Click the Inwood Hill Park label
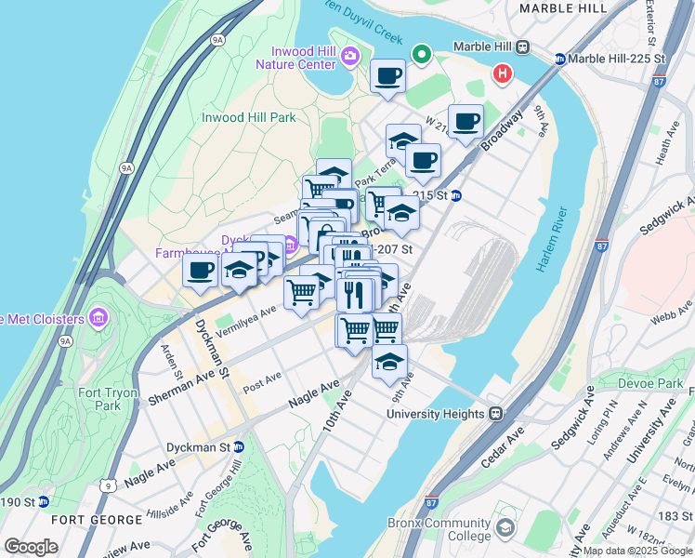[x=248, y=118]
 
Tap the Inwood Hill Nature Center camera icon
[x=350, y=56]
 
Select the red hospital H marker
[x=503, y=73]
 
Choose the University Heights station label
[x=438, y=413]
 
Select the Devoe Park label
[x=650, y=383]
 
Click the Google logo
[x=31, y=546]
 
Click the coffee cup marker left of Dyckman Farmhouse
[x=201, y=272]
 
